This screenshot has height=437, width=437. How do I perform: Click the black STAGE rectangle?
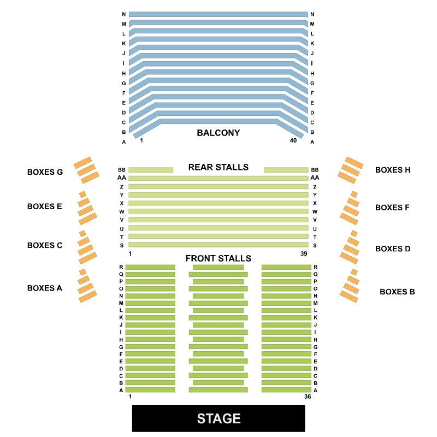pos(218,418)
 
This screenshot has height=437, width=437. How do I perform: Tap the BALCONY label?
pos(218,133)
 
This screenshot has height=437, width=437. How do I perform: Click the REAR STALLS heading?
pos(218,167)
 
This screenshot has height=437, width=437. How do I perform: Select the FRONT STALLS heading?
pos(218,258)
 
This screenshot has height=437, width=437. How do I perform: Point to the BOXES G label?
pos(45,172)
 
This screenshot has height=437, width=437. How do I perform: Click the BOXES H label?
pos(393,170)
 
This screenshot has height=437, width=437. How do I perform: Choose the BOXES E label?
pos(44,206)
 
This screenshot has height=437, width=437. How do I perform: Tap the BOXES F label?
pos(393,208)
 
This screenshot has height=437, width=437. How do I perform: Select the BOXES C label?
pos(45,245)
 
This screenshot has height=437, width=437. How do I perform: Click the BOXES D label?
pos(393,249)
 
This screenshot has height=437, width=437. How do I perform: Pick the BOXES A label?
pos(44,288)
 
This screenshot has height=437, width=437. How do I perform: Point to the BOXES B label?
pos(397,292)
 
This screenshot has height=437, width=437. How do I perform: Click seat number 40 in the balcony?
pos(293,140)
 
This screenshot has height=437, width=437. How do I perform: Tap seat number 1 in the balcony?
pos(141,140)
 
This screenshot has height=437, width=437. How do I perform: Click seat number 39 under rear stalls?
pos(304,253)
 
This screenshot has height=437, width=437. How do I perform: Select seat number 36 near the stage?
pos(308,396)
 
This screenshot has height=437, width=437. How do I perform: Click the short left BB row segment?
pos(150,170)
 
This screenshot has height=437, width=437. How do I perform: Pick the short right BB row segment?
pos(286,170)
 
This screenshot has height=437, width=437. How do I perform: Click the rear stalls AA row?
pos(218,178)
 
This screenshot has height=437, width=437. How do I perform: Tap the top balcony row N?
pos(218,14)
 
